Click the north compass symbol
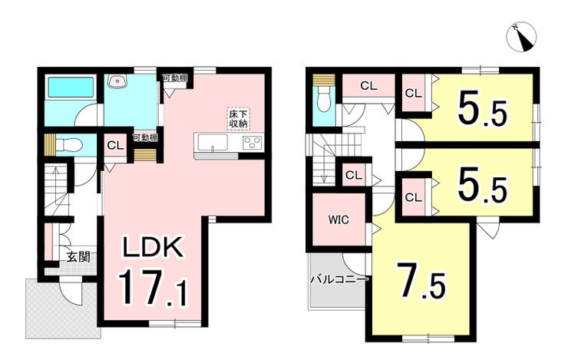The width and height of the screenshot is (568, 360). (522, 37)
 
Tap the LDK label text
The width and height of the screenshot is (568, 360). (153, 247)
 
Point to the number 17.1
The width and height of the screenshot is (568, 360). (153, 288)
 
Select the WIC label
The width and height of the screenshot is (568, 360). (338, 220)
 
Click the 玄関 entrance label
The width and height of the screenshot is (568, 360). (78, 257)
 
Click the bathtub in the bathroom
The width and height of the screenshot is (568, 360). (71, 87)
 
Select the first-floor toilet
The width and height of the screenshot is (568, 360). (69, 146)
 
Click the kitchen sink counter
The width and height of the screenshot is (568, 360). (211, 142)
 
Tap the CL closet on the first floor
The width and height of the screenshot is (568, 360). (116, 146)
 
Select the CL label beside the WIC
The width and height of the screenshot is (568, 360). (354, 175)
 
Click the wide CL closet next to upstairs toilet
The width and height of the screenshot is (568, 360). (368, 86)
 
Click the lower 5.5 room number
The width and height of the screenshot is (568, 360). (483, 185)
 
